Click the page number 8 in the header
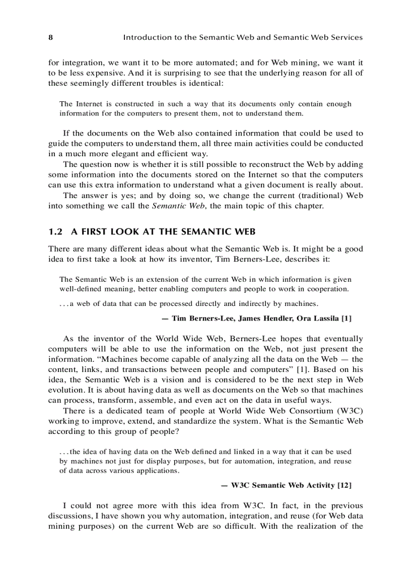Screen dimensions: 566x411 [50, 38]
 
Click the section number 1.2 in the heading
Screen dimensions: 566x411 [55, 232]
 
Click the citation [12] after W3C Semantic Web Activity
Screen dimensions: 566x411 [345, 485]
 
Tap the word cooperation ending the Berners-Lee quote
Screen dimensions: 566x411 [325, 289]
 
